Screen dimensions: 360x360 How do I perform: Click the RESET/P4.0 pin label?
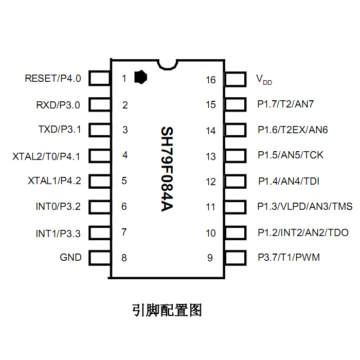[x=53, y=78]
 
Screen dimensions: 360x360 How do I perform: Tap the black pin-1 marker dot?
[x=140, y=77]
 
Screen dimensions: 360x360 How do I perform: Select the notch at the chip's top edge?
[x=167, y=65]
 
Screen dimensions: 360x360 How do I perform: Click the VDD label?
[x=264, y=80]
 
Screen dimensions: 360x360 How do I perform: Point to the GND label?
[x=70, y=257]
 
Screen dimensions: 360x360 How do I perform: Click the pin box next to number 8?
[x=100, y=258]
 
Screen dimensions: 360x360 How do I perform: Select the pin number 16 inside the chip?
[x=210, y=80]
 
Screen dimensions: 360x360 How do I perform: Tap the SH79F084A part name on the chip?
[x=167, y=169]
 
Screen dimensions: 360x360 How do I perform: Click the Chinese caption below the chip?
[x=167, y=310]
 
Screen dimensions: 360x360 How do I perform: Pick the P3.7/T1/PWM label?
[x=289, y=257]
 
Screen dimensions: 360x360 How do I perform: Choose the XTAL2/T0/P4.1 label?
[x=46, y=156]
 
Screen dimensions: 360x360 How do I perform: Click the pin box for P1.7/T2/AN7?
[x=236, y=104]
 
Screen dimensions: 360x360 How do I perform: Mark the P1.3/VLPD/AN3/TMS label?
[x=305, y=206]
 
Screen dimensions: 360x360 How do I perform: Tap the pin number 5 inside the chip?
[x=124, y=181]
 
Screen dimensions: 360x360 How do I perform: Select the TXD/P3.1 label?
[x=60, y=129]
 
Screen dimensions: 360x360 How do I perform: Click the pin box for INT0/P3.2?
[x=100, y=207]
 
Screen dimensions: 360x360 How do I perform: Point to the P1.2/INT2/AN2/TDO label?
[x=303, y=232]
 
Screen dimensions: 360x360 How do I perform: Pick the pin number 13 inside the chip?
[x=210, y=156]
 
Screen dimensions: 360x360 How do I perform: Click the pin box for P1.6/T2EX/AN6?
[x=236, y=130]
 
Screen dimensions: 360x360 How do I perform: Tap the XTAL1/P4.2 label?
[x=55, y=181]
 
